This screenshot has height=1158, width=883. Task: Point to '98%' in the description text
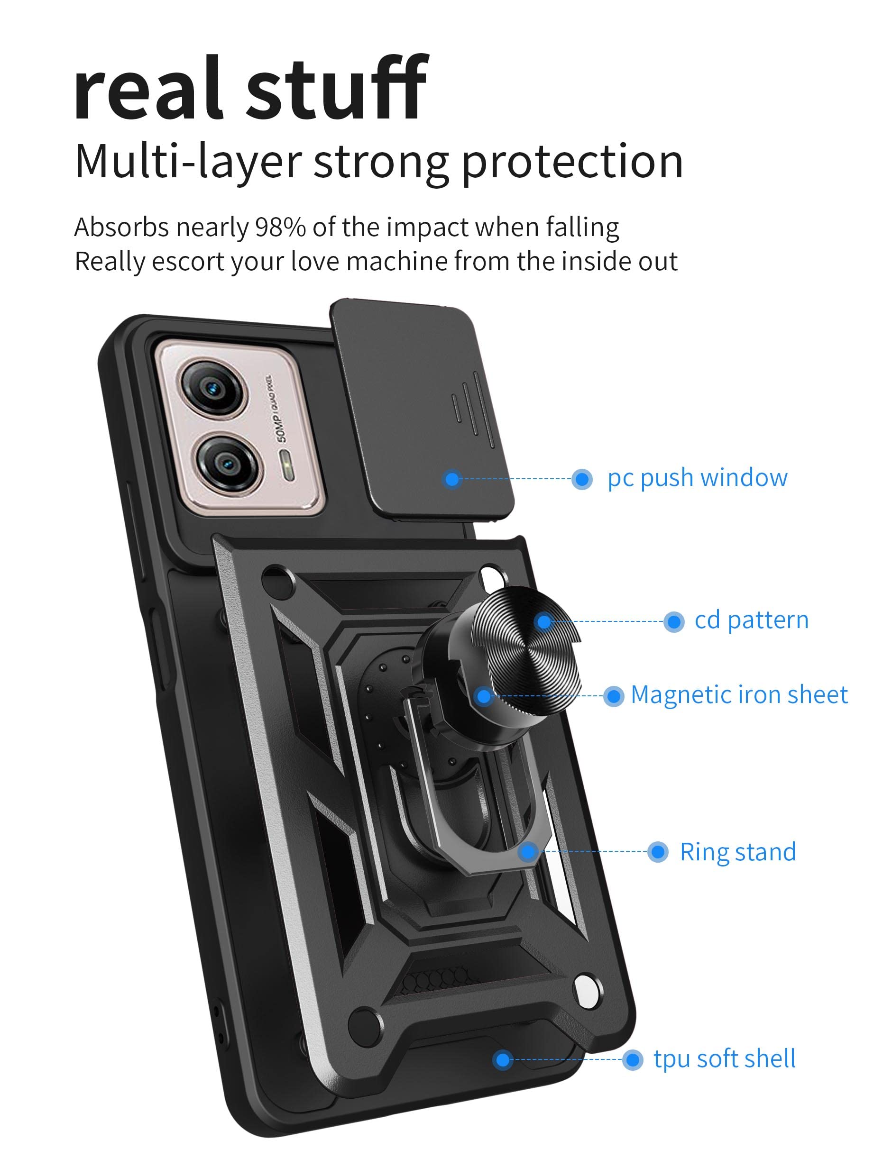[280, 228]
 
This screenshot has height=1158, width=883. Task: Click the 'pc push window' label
[697, 478]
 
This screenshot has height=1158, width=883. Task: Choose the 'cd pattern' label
[751, 620]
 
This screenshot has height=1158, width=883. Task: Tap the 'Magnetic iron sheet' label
[739, 694]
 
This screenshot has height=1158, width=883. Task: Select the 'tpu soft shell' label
[724, 1059]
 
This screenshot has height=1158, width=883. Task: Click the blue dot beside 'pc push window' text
[582, 479]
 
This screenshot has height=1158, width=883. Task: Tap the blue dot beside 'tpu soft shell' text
[632, 1060]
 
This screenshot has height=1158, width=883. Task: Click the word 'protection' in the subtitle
[572, 161]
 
